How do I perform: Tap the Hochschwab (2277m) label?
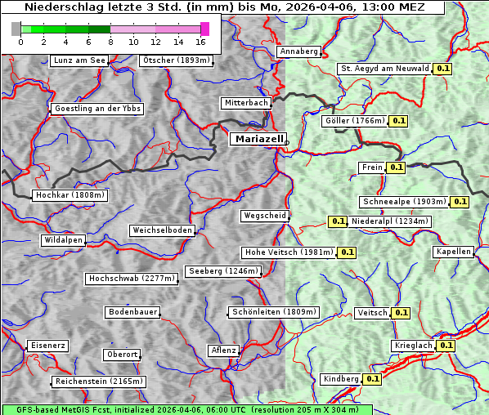point(132,279)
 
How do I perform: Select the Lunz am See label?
point(79,60)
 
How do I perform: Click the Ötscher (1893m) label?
point(176,60)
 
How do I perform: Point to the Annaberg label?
point(298,51)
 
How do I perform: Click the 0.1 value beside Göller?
point(398,121)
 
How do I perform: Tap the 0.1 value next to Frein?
point(396,167)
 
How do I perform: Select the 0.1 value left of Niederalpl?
point(338,221)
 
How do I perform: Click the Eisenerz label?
point(47,346)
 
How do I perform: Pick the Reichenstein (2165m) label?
point(99,382)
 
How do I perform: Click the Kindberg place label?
point(340,379)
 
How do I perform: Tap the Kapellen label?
point(453,252)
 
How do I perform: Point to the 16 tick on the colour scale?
point(200,42)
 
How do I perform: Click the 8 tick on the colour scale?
point(110,42)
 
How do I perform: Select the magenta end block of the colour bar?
point(205,29)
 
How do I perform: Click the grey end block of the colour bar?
point(16,29)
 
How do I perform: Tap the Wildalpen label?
point(63,241)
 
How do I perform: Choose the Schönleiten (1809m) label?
point(274,312)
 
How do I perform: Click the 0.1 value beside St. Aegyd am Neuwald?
point(442,69)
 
